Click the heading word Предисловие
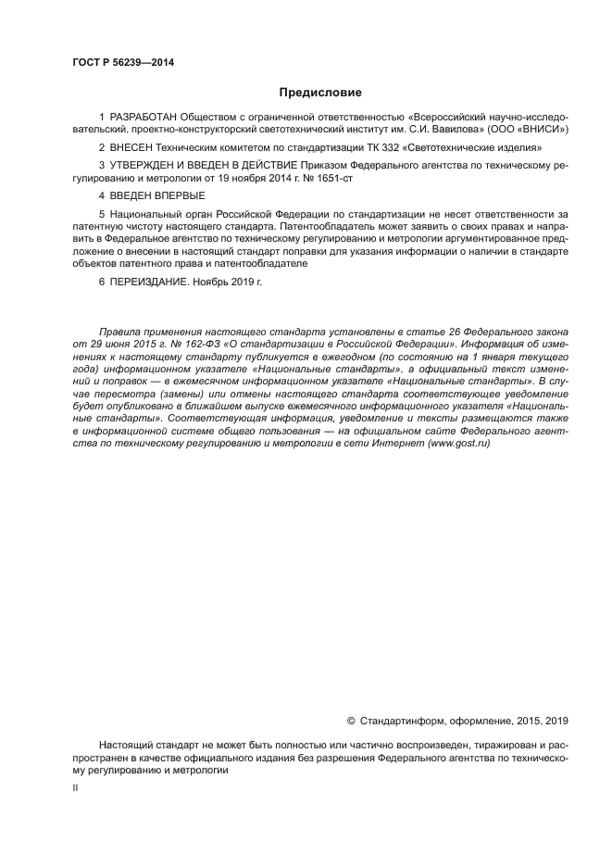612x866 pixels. tap(320, 93)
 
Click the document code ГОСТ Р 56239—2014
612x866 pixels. tap(122, 63)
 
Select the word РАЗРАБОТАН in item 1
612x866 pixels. tap(142, 119)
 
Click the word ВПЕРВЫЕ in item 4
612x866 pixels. tap(177, 196)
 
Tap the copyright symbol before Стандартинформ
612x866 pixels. tap(351, 720)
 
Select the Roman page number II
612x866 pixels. tap(75, 786)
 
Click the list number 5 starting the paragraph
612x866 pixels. tap(101, 214)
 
